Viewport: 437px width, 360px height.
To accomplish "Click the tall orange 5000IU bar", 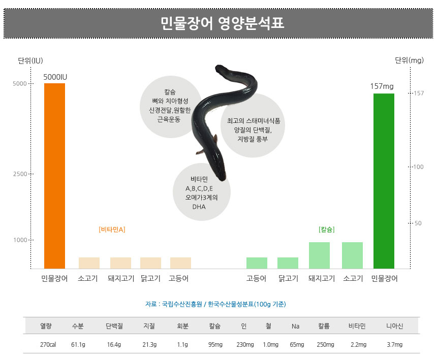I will [x=54, y=175].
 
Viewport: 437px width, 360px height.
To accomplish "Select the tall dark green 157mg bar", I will [x=384, y=180].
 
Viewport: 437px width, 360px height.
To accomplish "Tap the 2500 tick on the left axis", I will [x=20, y=174].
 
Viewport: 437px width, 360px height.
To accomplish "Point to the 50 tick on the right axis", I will [x=418, y=223].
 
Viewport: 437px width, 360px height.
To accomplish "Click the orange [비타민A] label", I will [x=112, y=230].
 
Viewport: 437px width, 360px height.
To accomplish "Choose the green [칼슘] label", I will [x=326, y=230].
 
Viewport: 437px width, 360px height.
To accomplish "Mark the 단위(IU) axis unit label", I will [x=30, y=61].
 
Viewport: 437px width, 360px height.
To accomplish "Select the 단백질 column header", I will [x=114, y=326].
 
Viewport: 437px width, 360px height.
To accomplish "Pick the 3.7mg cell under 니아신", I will [x=394, y=345].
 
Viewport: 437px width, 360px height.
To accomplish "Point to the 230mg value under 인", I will [x=245, y=345].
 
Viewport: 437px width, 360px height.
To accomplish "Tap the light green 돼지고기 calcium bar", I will [x=319, y=255].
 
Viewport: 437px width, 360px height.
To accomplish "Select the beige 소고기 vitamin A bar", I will [x=89, y=263].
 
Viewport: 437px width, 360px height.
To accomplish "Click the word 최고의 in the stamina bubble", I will [x=235, y=121].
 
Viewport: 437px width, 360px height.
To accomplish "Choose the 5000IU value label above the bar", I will [x=55, y=77].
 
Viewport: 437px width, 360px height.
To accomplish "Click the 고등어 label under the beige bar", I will [x=179, y=278].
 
